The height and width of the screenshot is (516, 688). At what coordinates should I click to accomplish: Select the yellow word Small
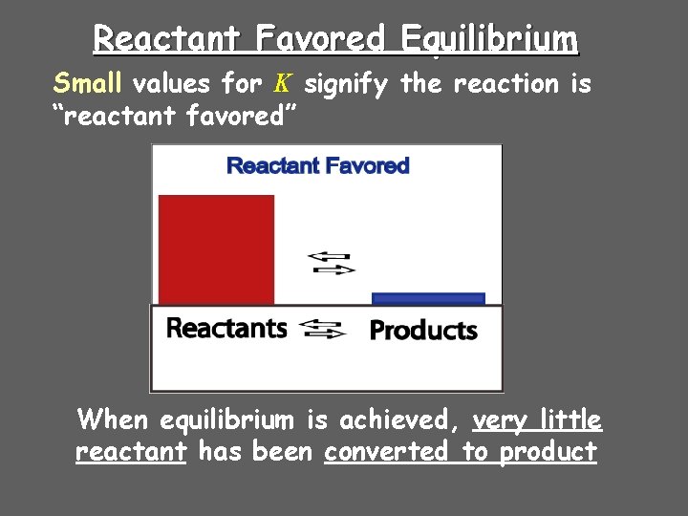88,84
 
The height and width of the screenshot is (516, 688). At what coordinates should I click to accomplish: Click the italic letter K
282,84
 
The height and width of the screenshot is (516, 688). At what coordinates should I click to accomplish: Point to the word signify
346,85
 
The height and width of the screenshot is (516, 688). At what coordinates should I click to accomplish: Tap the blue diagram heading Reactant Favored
317,165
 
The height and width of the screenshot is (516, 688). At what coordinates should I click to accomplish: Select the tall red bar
216,249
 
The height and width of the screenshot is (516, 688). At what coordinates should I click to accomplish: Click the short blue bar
428,298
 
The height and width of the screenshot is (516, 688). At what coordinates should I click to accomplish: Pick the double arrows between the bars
331,263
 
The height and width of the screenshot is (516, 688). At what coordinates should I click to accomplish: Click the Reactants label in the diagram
226,328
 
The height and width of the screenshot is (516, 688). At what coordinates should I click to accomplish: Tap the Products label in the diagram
423,331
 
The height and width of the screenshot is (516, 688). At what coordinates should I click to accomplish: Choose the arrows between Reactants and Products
323,330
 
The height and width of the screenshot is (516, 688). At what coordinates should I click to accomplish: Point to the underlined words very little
537,419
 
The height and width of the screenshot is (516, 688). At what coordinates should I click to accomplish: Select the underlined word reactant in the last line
130,451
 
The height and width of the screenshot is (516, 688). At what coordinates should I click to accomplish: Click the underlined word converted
387,451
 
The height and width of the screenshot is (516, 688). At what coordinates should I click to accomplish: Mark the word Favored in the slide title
320,40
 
